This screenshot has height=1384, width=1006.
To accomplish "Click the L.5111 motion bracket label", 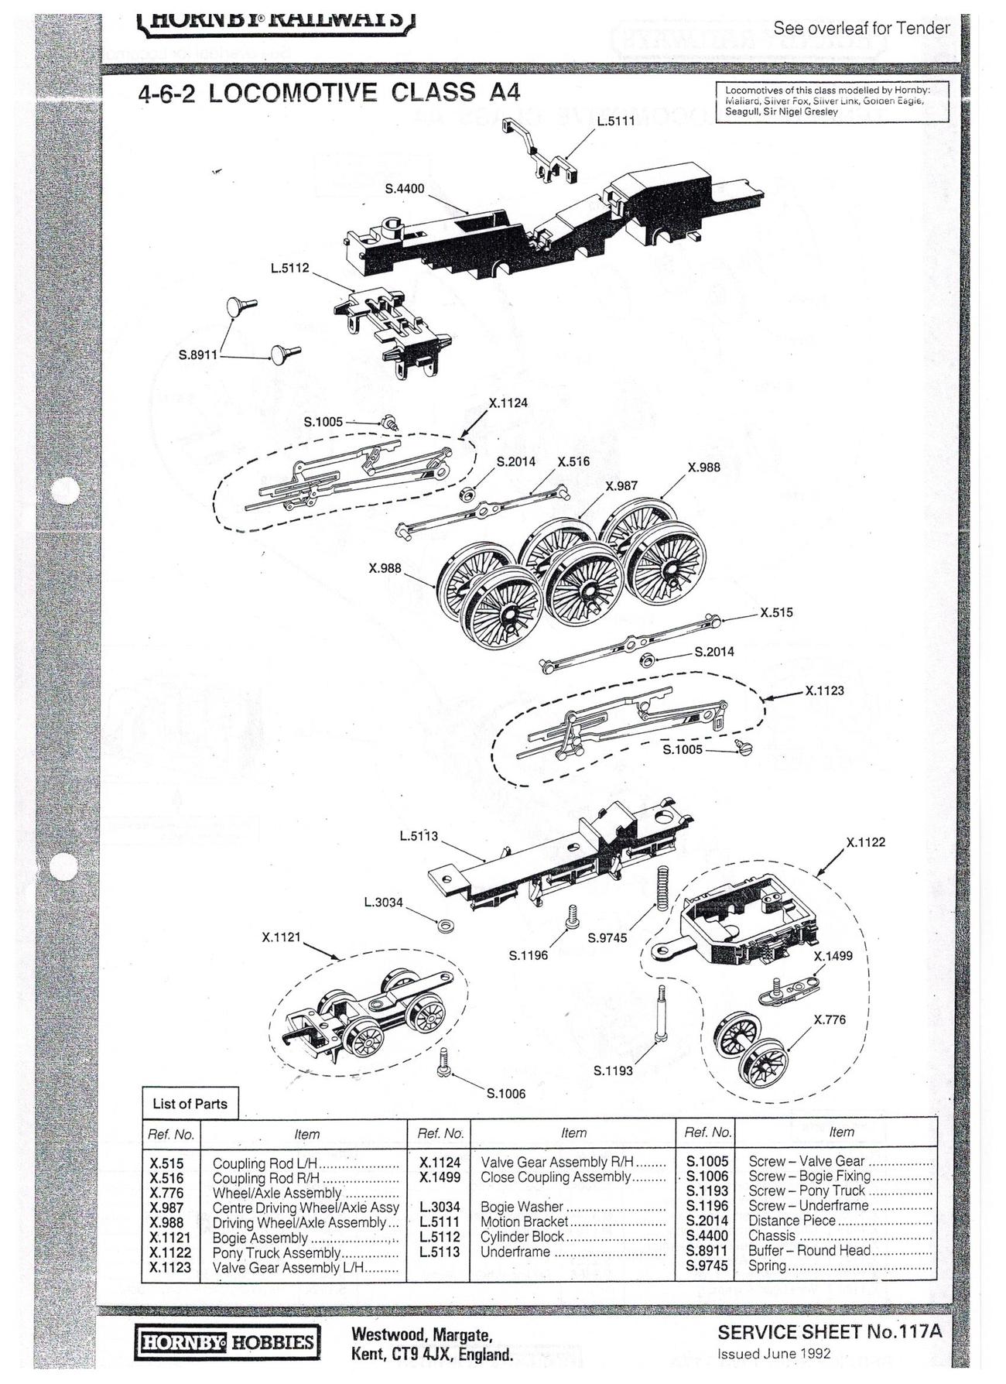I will [615, 122].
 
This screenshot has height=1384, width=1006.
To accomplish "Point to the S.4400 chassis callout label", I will [405, 189].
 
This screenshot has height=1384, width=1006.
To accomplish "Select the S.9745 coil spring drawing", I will [662, 888].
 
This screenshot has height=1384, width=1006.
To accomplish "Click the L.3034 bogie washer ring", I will [445, 925].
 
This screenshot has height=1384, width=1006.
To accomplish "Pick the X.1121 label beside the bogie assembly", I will [281, 937].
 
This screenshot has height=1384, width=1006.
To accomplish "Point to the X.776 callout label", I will [830, 1020].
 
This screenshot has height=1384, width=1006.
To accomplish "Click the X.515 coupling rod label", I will [775, 613].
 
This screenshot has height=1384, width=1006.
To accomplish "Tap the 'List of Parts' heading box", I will [190, 1104].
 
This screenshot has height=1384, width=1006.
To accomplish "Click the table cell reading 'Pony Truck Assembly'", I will [276, 1252].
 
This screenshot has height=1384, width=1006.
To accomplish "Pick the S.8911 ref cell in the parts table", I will [707, 1250].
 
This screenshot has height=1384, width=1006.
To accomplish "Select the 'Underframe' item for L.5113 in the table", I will [515, 1252].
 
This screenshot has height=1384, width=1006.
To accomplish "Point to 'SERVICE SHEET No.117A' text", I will [829, 1332].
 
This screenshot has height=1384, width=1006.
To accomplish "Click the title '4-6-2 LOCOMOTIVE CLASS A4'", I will [329, 93].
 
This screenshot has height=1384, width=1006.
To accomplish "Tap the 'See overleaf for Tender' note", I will [861, 29].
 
